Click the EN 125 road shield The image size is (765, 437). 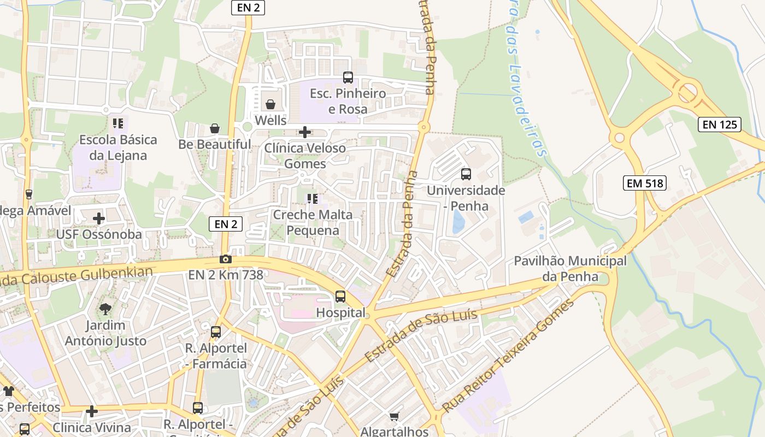[x=719, y=125]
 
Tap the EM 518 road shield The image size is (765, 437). [x=645, y=183]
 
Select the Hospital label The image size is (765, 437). [x=340, y=313]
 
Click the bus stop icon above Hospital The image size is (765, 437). [x=340, y=297]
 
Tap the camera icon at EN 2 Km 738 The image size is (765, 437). [x=225, y=259]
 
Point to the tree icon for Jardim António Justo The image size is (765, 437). [x=105, y=309]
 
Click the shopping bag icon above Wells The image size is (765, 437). [x=270, y=104]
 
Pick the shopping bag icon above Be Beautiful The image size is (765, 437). [x=215, y=128]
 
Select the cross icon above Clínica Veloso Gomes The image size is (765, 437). [x=305, y=132]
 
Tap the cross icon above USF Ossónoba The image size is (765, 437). [x=99, y=218]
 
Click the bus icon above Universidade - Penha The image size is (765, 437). [x=466, y=174]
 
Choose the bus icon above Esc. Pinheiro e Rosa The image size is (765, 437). [x=348, y=78]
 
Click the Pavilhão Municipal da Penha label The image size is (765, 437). [x=570, y=269]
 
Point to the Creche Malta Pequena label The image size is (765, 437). [x=313, y=222]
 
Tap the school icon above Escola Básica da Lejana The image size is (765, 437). [x=118, y=123]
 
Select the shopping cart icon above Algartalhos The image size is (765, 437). [x=394, y=417]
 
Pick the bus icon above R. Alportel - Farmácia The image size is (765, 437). [x=216, y=332]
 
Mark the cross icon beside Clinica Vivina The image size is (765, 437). [x=92, y=411]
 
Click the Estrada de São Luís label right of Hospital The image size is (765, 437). [x=421, y=336]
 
